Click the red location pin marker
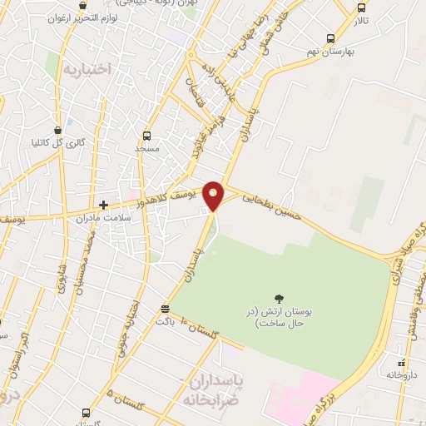pos(214,195)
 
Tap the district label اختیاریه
pos(86,70)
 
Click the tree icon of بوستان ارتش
pos(277,299)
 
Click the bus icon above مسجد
pos(147,136)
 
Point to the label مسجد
pos(147,148)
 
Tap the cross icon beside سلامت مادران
pos(103,205)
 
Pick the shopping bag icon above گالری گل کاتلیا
pos(57,131)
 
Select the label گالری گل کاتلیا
pos(57,143)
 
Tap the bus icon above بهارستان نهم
pos(330,38)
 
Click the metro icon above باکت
pos(165,310)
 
